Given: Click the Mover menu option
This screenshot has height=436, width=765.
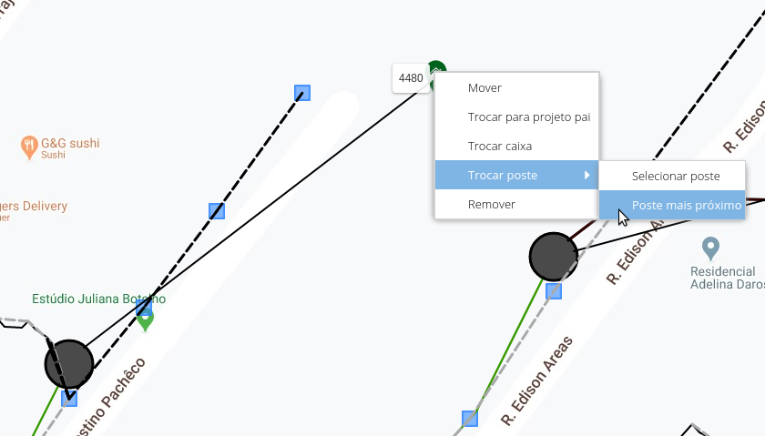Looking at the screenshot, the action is (x=484, y=88).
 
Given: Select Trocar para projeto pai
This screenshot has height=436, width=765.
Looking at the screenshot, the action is (x=528, y=117).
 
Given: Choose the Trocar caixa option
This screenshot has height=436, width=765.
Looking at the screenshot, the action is (x=499, y=147).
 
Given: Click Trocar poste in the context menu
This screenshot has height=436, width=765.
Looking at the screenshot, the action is (x=502, y=176).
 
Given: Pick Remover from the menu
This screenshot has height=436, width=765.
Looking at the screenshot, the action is (x=491, y=205).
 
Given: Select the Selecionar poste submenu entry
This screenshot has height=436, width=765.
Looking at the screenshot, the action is (x=676, y=176).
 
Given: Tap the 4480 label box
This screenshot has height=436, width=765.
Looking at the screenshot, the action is (x=411, y=78).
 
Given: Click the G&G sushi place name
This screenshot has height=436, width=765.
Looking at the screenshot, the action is (x=70, y=143).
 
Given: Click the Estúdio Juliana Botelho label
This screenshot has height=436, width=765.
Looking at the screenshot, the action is (x=98, y=299).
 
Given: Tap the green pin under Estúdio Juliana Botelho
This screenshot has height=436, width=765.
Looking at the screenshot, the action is (x=145, y=319).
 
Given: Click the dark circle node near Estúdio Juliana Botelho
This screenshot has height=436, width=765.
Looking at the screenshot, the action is (x=69, y=363).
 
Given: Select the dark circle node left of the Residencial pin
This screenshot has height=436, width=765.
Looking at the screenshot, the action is (x=554, y=256).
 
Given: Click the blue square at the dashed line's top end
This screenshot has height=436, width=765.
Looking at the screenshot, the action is (x=302, y=92).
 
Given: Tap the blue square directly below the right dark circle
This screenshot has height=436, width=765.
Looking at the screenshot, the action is (x=554, y=291).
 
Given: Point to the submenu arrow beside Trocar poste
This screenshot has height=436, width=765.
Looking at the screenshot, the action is (x=587, y=175).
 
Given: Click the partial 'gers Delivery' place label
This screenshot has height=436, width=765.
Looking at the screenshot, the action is (x=34, y=206).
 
